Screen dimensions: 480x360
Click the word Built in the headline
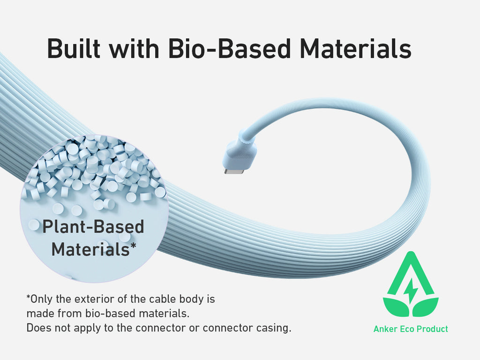click(x=74, y=48)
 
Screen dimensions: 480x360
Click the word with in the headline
click(x=134, y=48)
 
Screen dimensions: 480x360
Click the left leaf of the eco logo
click(x=396, y=307)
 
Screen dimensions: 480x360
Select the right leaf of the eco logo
click(x=426, y=307)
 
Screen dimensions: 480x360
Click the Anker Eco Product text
click(x=411, y=329)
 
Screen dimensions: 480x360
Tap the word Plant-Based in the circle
click(x=93, y=226)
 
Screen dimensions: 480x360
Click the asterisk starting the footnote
click(x=29, y=297)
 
